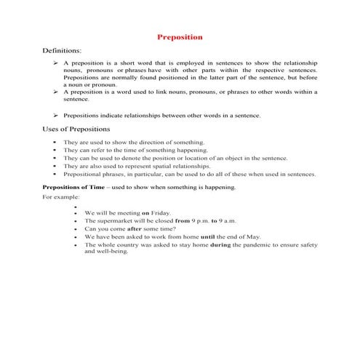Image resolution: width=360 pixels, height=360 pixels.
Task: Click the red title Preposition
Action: (x=180, y=37)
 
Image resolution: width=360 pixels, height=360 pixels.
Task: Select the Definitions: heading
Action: (x=65, y=52)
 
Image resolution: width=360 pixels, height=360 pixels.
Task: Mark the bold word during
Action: (x=220, y=245)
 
